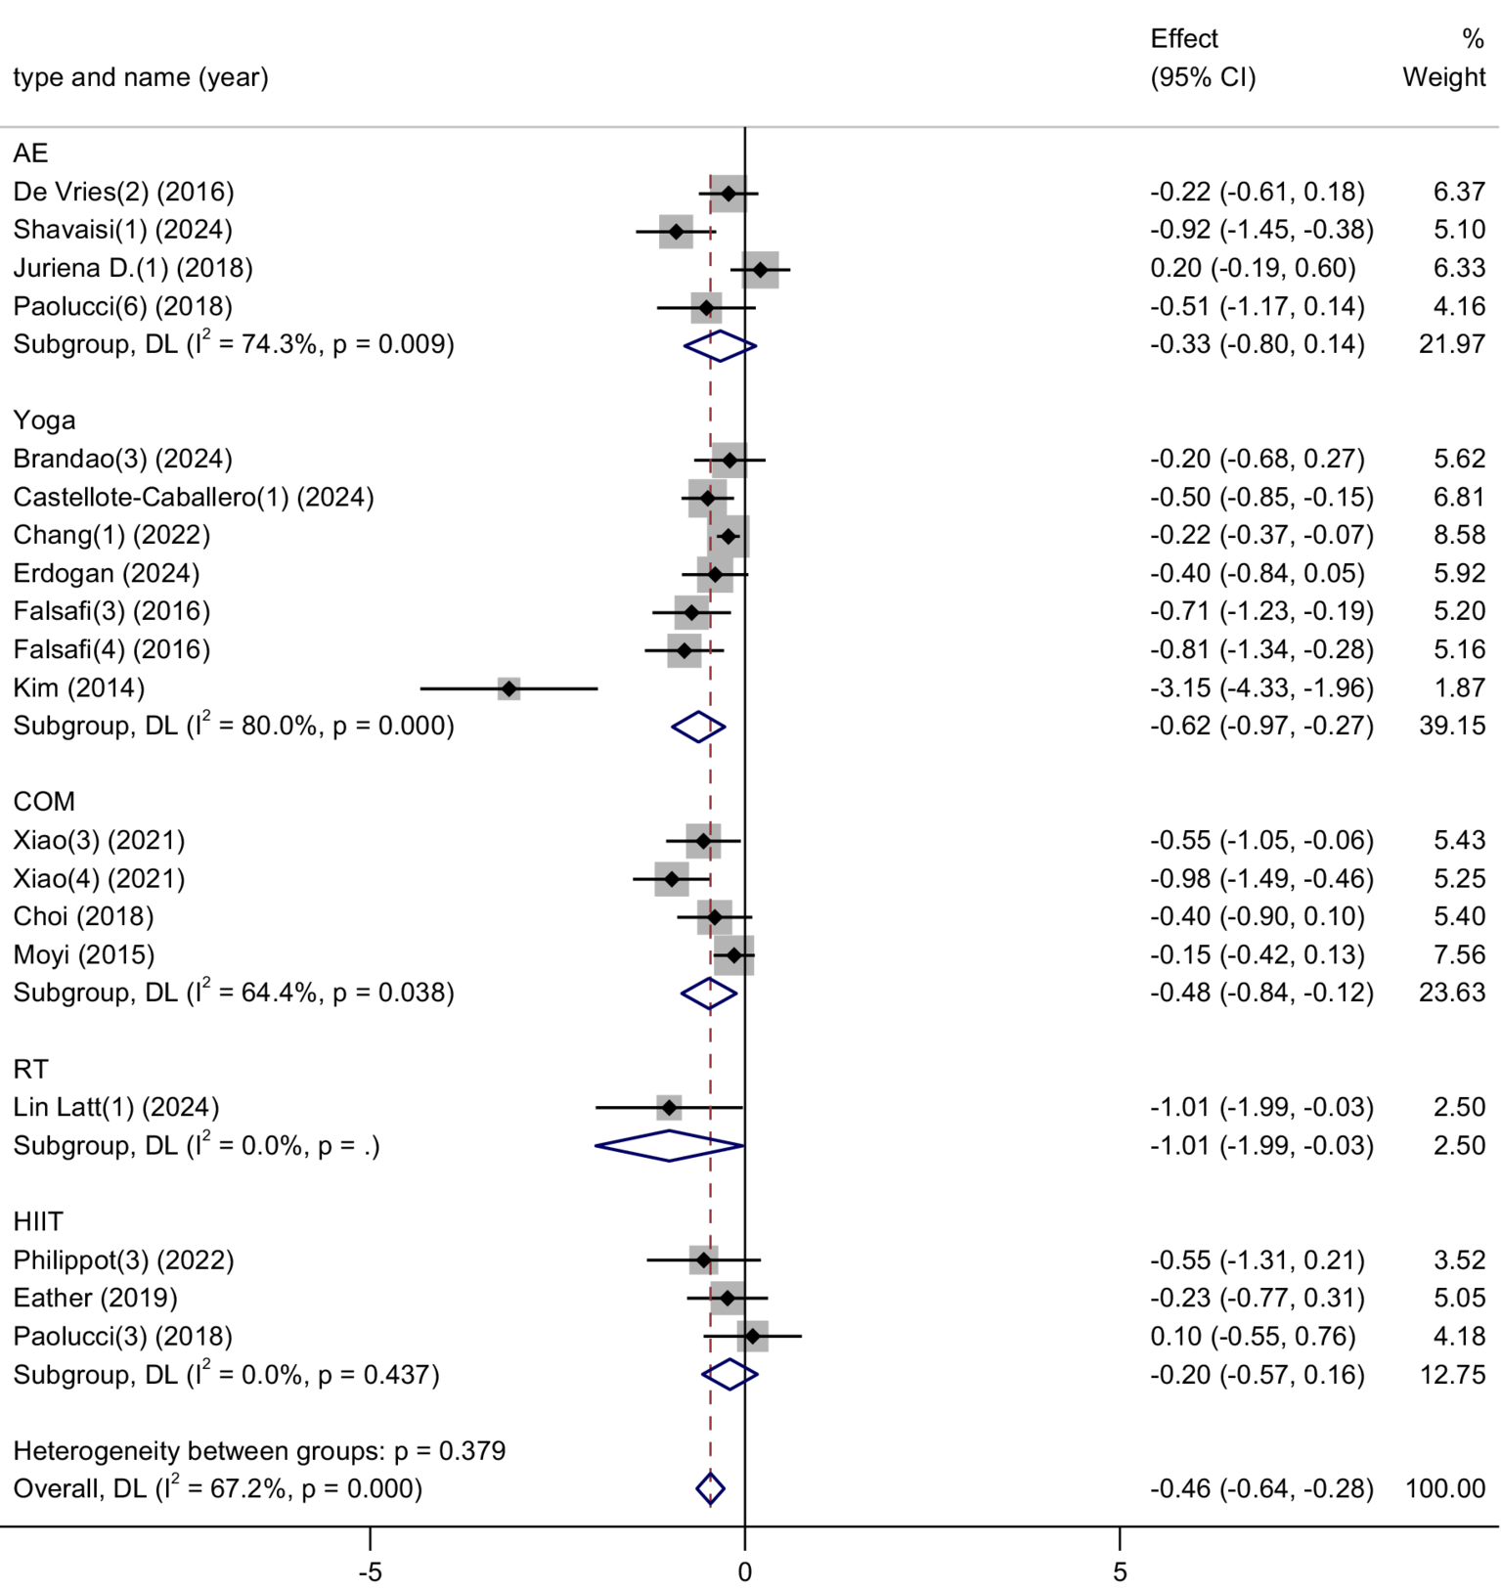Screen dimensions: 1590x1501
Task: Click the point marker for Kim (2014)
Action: [508, 688]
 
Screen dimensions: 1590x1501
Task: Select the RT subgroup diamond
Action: [670, 1145]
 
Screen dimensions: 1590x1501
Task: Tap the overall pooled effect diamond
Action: [710, 1488]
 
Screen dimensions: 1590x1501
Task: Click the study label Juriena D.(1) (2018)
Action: [133, 268]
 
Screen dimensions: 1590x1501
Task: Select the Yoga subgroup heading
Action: [44, 420]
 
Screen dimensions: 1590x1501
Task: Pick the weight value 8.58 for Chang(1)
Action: [1459, 535]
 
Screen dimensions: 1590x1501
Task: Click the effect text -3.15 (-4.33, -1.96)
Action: [1260, 687]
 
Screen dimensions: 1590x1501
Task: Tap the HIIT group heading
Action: [38, 1221]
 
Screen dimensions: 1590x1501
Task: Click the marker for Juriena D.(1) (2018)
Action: [761, 269]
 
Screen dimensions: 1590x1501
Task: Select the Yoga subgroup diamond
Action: [698, 727]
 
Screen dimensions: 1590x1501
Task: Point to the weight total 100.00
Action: [1444, 1488]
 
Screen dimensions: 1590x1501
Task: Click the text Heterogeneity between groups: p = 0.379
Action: [259, 1450]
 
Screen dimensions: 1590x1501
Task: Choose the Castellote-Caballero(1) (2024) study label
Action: [194, 497]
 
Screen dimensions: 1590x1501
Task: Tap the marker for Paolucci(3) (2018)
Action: [752, 1336]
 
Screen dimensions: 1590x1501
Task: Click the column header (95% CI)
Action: [1202, 77]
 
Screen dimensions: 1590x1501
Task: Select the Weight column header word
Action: [1443, 77]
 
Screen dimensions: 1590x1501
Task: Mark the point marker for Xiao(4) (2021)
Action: [672, 879]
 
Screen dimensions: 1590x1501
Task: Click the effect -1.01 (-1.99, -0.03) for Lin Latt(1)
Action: [1260, 1107]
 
